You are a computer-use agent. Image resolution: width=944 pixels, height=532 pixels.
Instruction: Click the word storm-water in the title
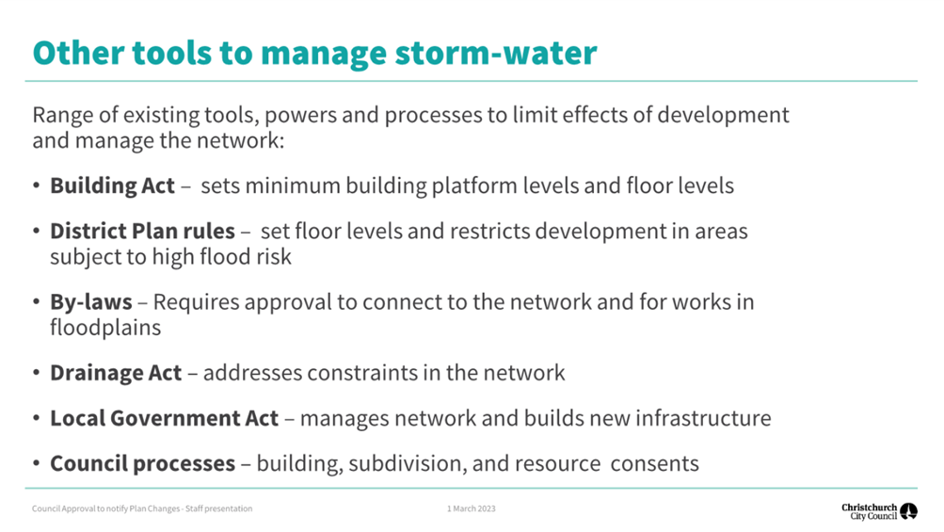coord(495,53)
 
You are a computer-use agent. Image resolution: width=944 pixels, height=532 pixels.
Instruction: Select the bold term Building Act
coord(112,185)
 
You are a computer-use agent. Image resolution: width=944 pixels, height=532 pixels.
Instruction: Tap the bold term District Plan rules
coord(142,232)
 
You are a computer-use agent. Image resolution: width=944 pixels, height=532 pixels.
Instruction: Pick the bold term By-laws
coord(91,302)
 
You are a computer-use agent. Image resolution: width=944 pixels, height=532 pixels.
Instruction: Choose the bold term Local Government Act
coord(164,418)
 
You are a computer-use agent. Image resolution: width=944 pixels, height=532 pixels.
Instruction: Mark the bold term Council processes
coord(142,464)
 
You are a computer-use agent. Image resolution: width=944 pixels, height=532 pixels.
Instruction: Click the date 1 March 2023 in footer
coord(471,508)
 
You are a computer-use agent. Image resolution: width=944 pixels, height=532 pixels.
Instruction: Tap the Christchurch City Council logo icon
coord(908,511)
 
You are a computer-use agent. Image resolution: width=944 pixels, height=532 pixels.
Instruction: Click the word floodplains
coord(105,328)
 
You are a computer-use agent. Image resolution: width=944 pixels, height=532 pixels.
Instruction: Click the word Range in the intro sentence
coord(61,115)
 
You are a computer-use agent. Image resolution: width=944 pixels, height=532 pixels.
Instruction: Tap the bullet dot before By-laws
coord(37,302)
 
